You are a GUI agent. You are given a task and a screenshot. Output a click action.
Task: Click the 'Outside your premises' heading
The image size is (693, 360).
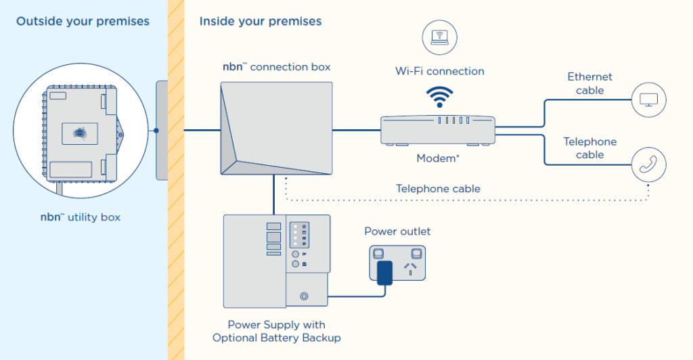[x=83, y=21]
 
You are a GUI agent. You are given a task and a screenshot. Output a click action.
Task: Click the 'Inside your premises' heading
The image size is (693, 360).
[x=261, y=21]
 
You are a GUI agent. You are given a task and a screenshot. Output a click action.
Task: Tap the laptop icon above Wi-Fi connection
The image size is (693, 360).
[x=439, y=37]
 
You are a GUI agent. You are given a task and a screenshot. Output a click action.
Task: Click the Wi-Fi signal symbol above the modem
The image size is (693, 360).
[x=439, y=97]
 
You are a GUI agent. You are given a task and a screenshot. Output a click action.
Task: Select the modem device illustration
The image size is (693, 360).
[x=438, y=130]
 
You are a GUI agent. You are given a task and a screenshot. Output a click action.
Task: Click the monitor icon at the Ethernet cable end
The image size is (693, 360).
[x=648, y=100]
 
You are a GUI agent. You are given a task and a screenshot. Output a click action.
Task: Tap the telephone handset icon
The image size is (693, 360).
[x=648, y=164]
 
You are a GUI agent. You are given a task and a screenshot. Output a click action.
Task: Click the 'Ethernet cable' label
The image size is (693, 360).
[x=589, y=84]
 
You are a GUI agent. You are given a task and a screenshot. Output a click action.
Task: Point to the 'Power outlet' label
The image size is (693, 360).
[x=397, y=231]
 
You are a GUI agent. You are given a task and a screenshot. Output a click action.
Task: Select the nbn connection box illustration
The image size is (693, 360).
[x=276, y=129]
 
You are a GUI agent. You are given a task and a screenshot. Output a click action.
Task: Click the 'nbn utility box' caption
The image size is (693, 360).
[x=81, y=217]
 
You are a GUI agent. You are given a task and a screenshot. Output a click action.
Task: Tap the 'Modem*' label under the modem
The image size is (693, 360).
[x=439, y=158]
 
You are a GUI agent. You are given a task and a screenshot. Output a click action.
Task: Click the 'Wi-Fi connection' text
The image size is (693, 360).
[x=439, y=71]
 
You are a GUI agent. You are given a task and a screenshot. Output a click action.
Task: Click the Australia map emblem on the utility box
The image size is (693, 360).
[x=81, y=133]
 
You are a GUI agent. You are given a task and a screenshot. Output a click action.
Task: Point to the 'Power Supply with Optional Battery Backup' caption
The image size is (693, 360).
[x=276, y=331]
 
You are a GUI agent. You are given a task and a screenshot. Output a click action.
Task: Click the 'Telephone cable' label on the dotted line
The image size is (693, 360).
[x=438, y=189]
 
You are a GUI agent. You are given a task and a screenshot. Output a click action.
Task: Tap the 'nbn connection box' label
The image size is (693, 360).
[x=276, y=67]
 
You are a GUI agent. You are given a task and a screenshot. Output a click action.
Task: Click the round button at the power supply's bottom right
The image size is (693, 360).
[x=304, y=296]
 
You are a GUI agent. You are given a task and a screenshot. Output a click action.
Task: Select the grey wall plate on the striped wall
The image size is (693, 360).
[x=161, y=130]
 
